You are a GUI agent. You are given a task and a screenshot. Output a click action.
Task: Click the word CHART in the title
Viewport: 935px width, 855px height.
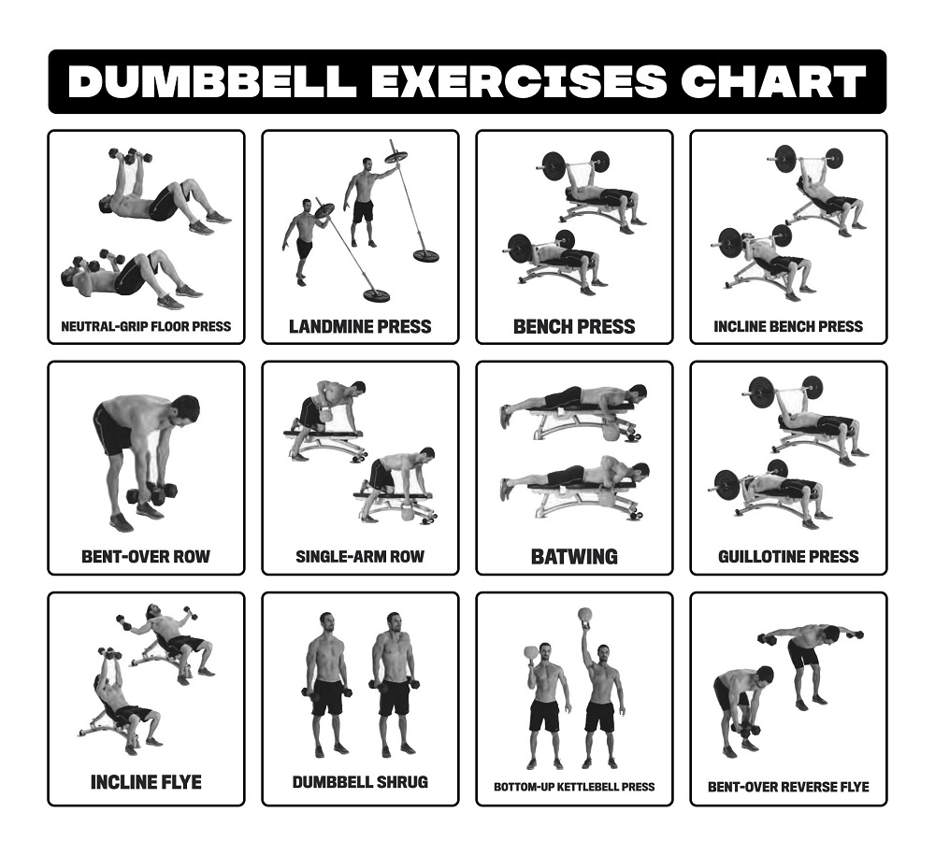[x=772, y=82]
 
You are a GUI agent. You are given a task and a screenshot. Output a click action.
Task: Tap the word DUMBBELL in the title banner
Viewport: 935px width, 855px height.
[x=212, y=82]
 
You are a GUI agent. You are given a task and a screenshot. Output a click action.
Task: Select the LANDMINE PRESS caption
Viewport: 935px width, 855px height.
[x=360, y=326]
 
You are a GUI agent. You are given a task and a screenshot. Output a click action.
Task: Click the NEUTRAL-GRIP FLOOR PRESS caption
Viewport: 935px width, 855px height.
[x=146, y=327]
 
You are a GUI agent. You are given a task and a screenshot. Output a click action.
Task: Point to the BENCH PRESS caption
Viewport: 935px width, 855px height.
[x=574, y=326]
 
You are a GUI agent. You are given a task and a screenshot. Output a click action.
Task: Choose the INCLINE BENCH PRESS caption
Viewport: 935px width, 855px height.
[x=788, y=327]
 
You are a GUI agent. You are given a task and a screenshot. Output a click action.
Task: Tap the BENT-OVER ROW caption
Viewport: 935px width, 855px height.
[x=146, y=557]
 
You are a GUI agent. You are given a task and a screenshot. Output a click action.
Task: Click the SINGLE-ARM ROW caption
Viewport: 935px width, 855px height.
[x=360, y=557]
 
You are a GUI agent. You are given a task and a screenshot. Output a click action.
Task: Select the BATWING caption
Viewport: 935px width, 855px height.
[x=574, y=557]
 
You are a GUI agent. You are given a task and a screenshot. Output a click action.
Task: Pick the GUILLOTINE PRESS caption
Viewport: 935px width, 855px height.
[x=788, y=557]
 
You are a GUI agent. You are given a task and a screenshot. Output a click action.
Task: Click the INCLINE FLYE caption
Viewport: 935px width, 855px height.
[x=146, y=781]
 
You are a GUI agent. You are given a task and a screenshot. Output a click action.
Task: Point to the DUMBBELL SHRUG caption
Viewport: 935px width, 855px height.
[x=360, y=781]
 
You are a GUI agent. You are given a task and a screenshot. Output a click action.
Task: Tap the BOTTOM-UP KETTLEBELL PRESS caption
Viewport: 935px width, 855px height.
[x=574, y=787]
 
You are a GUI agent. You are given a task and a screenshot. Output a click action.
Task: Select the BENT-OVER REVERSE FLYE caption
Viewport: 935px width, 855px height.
[x=788, y=787]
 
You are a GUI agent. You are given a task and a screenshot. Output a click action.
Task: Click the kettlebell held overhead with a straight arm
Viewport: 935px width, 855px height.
[x=586, y=615]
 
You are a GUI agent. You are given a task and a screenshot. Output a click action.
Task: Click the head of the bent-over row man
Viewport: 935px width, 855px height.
[x=185, y=408]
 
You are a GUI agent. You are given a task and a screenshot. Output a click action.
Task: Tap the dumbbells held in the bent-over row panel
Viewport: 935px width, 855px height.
[x=151, y=492]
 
